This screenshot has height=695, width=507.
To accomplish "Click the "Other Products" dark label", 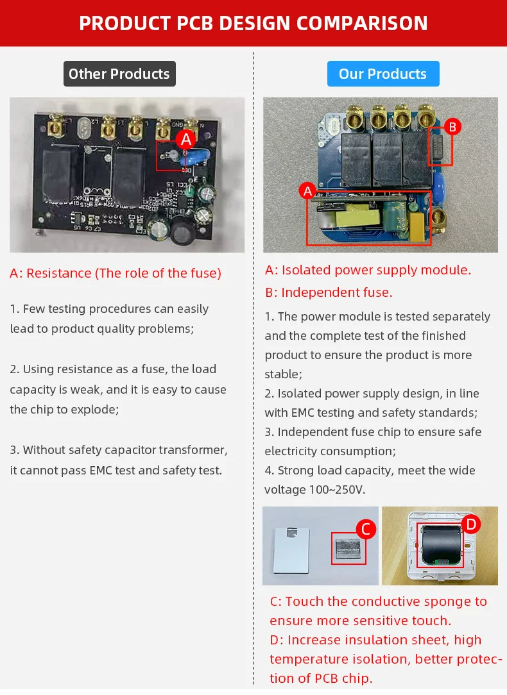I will click(119, 74).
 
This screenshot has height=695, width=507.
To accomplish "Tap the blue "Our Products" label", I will click(382, 74).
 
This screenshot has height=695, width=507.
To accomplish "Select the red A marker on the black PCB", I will click(186, 139).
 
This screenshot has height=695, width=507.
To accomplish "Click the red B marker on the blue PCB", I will click(452, 127).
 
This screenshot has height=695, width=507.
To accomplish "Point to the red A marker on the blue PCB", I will click(307, 191).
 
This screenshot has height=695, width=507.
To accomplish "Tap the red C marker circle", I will click(365, 529).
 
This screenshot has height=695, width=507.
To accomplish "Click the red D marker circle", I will click(471, 524).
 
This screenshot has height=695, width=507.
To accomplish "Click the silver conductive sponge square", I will click(347, 549).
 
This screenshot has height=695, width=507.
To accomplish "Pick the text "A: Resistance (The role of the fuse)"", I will click(116, 273).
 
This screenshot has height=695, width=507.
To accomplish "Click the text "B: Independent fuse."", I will click(329, 292).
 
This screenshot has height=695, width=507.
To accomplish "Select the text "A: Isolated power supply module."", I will click(368, 270).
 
